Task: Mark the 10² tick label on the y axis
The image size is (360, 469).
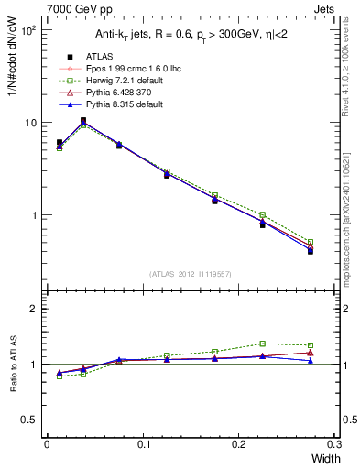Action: [28, 30]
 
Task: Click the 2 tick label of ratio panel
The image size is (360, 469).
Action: [33, 309]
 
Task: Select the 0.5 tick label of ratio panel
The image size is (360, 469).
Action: [28, 420]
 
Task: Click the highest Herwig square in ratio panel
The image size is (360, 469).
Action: [262, 344]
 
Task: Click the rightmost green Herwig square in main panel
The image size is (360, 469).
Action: [310, 243]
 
